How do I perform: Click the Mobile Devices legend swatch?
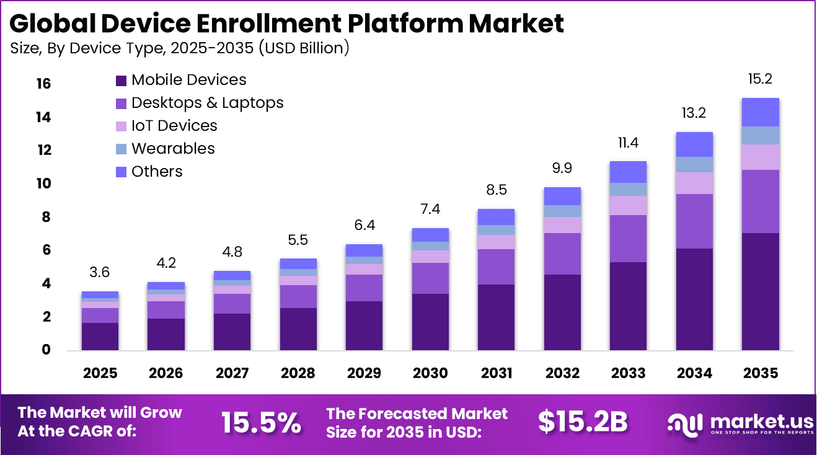[x=121, y=81]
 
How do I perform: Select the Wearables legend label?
[x=173, y=149]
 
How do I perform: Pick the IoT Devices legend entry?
[x=174, y=126]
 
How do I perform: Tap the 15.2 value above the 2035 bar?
[x=760, y=79]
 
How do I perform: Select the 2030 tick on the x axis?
[x=430, y=373]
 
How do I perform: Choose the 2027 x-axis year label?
[x=232, y=373]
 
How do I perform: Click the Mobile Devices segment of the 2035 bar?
[x=760, y=291]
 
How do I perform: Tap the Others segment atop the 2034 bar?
[x=694, y=144]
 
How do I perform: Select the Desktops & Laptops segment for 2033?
[x=628, y=239]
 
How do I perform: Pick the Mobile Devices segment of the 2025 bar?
[x=100, y=337]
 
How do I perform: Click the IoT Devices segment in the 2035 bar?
[x=760, y=157]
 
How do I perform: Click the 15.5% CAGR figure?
[x=261, y=422]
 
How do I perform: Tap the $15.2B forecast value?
[x=582, y=422]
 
